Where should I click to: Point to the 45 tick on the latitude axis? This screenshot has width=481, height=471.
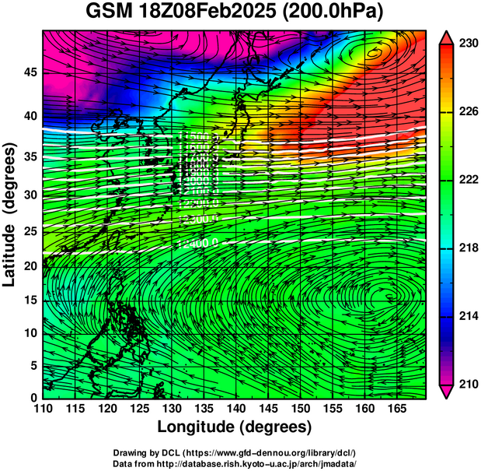[x=28, y=72]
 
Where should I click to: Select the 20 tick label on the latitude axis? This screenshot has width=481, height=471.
[x=28, y=265]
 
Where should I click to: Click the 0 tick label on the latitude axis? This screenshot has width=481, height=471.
[x=32, y=398]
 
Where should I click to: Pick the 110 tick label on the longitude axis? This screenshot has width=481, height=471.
[x=43, y=409]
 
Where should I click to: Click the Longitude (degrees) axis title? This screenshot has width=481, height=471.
[x=235, y=427]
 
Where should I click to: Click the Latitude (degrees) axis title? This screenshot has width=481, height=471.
[x=10, y=213]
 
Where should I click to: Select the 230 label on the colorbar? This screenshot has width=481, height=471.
[x=466, y=44]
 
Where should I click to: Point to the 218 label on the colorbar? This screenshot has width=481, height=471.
[x=466, y=248]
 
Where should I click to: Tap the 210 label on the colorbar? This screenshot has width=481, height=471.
[x=466, y=384]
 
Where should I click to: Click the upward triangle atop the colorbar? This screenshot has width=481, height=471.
[x=448, y=37]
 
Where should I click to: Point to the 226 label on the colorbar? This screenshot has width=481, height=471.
[x=466, y=112]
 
